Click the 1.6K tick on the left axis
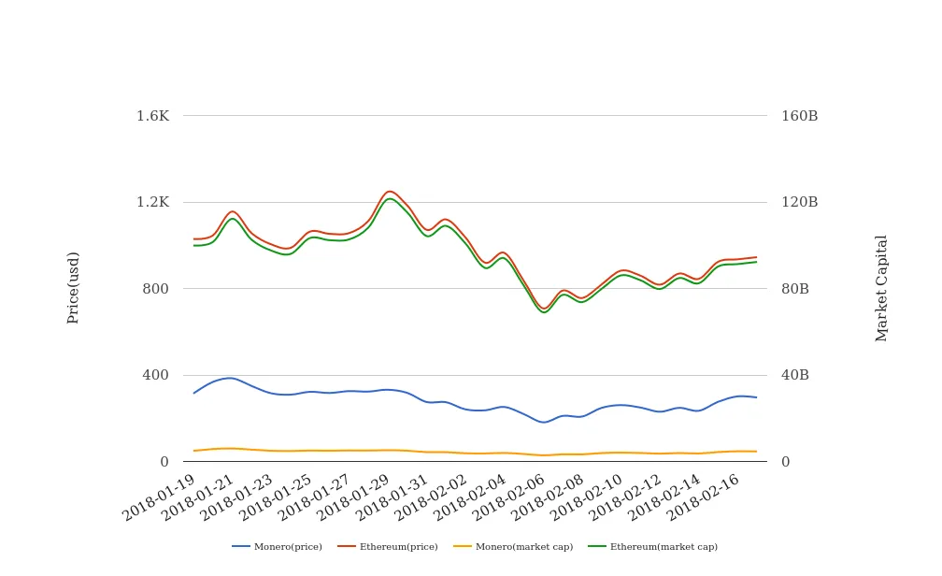(152, 116)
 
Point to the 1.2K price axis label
(152, 202)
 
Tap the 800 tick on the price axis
(155, 289)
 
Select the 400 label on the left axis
(155, 375)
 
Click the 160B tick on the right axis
(799, 116)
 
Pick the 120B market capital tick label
(799, 202)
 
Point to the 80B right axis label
(795, 289)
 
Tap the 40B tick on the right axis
(795, 375)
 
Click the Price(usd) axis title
(74, 287)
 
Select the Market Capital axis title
(882, 287)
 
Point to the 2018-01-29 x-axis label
(353, 497)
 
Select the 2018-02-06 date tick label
(509, 497)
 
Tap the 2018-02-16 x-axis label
(703, 497)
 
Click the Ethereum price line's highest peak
(390, 191)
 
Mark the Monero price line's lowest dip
(544, 423)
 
